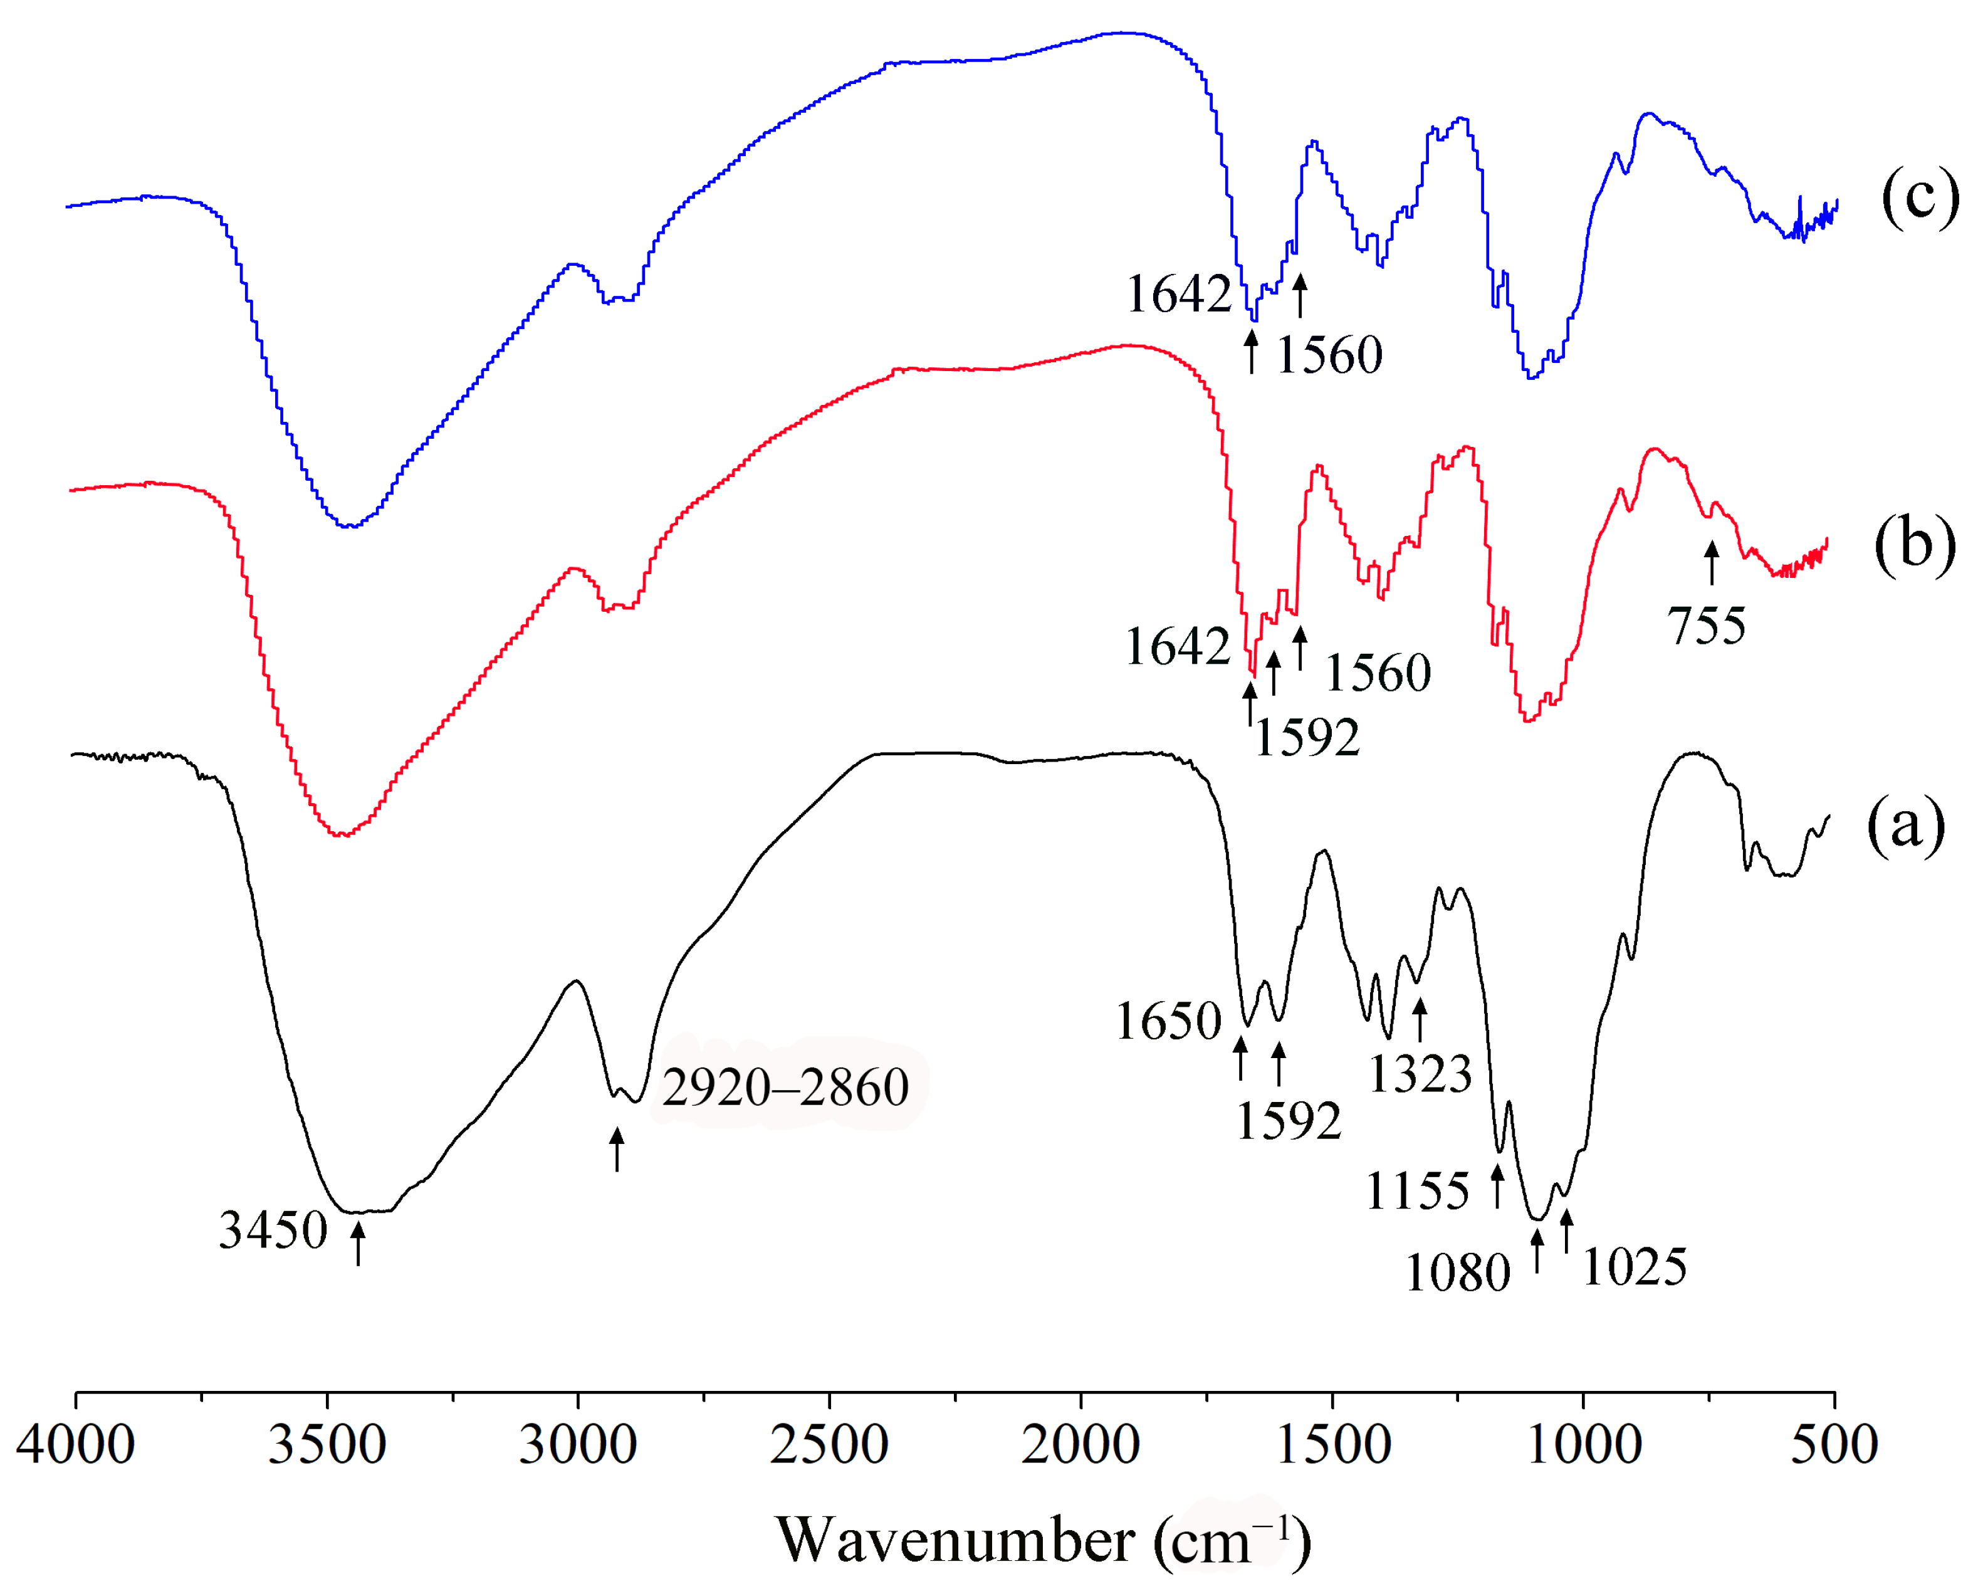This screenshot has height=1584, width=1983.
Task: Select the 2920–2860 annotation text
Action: coord(785,1088)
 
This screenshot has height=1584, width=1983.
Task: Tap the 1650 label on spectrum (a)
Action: coord(1168,1021)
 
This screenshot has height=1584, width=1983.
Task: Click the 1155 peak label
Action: coord(1417,1191)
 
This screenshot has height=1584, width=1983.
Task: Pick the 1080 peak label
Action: coord(1458,1273)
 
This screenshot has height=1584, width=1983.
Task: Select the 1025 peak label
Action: coord(1635,1267)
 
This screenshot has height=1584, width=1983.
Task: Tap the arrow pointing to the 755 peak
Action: coord(1711,563)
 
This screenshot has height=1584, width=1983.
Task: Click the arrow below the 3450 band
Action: coord(358,1243)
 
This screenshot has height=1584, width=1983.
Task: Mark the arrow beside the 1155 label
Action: coord(1497,1186)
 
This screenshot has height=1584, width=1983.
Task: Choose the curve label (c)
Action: coord(1920,197)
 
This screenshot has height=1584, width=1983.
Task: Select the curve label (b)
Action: coord(1915,545)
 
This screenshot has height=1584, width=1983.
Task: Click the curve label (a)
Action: coord(1906,825)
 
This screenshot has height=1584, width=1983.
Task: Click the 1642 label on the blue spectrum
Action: coord(1179,295)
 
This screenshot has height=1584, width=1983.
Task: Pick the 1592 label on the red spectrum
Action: coord(1307,737)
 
